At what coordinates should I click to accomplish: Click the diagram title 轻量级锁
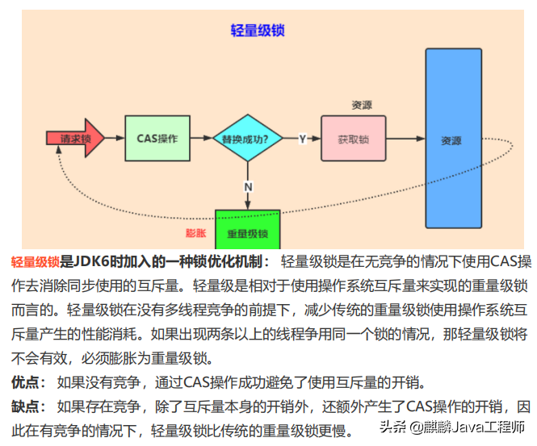tap(258, 31)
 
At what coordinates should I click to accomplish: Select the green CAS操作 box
tap(157, 139)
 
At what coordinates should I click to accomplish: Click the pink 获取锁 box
tap(353, 139)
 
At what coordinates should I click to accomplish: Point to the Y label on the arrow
tap(302, 139)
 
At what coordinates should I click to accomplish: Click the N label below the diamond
tap(248, 186)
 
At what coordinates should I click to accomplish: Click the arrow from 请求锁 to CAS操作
tap(115, 139)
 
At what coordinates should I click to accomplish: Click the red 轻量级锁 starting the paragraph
tap(36, 262)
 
